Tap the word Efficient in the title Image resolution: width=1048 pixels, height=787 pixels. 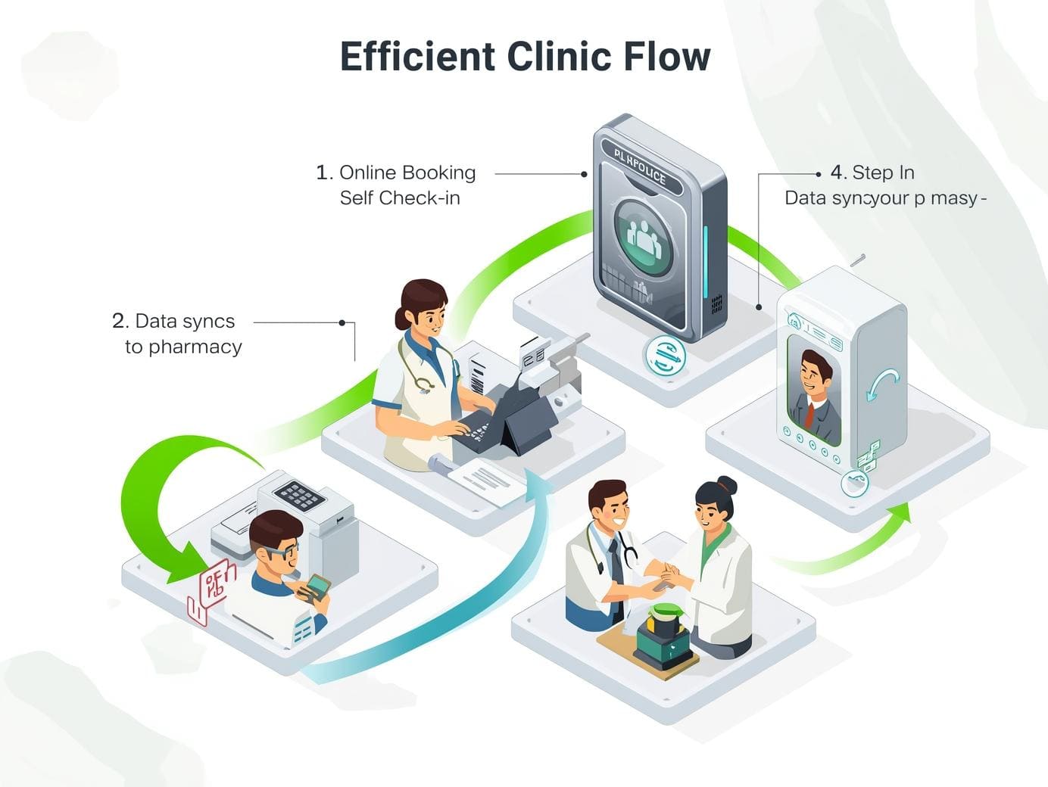[x=416, y=58]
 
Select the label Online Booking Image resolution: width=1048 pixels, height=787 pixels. [x=407, y=173]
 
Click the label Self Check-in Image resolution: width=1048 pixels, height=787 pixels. [x=400, y=198]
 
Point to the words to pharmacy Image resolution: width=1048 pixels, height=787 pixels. [x=183, y=347]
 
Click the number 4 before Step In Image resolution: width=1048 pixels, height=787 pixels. [x=837, y=173]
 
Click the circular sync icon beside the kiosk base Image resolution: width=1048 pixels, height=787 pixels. [x=665, y=356]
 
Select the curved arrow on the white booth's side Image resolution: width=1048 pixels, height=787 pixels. [x=881, y=383]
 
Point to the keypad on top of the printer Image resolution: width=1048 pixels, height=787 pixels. [x=300, y=496]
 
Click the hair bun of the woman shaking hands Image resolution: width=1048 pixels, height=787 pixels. [x=726, y=484]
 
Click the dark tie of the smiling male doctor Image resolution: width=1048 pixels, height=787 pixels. [x=617, y=561]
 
